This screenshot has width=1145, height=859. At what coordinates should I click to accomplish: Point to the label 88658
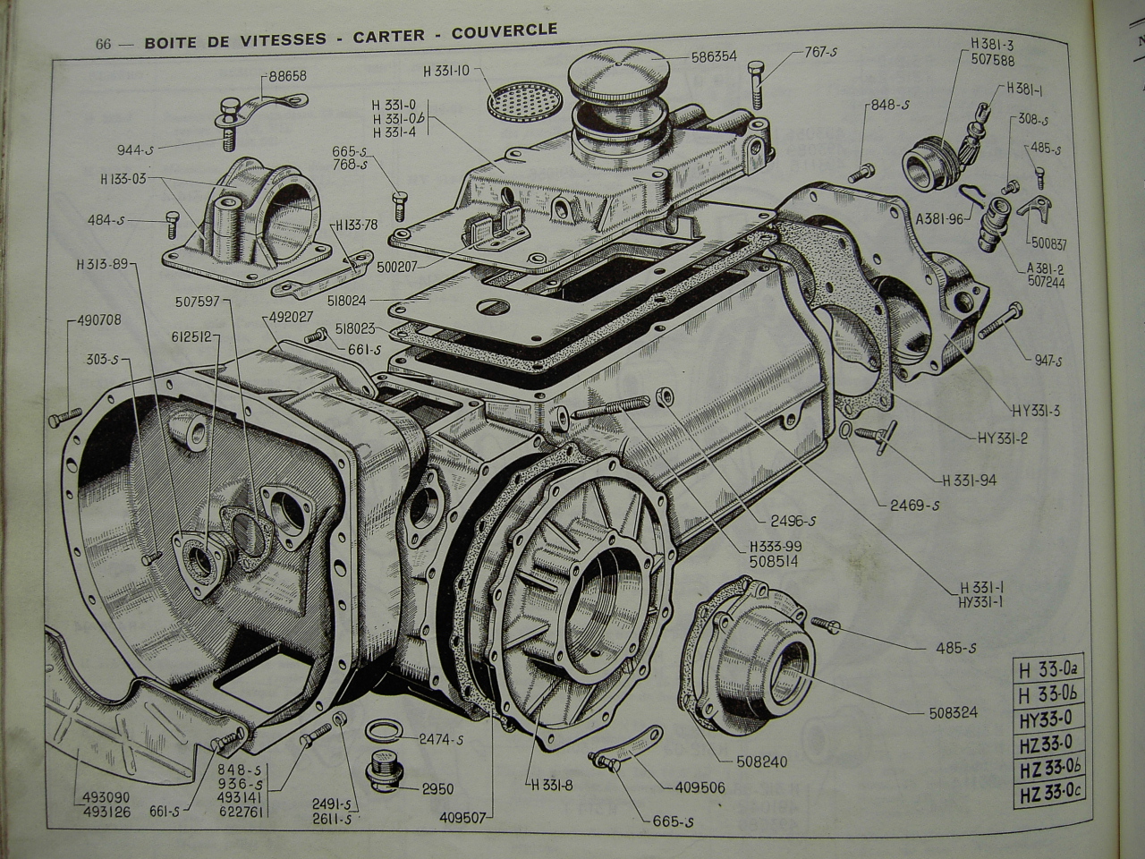click(285, 76)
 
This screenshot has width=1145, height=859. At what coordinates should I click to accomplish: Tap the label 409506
click(695, 788)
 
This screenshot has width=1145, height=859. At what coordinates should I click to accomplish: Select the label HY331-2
click(1005, 438)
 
